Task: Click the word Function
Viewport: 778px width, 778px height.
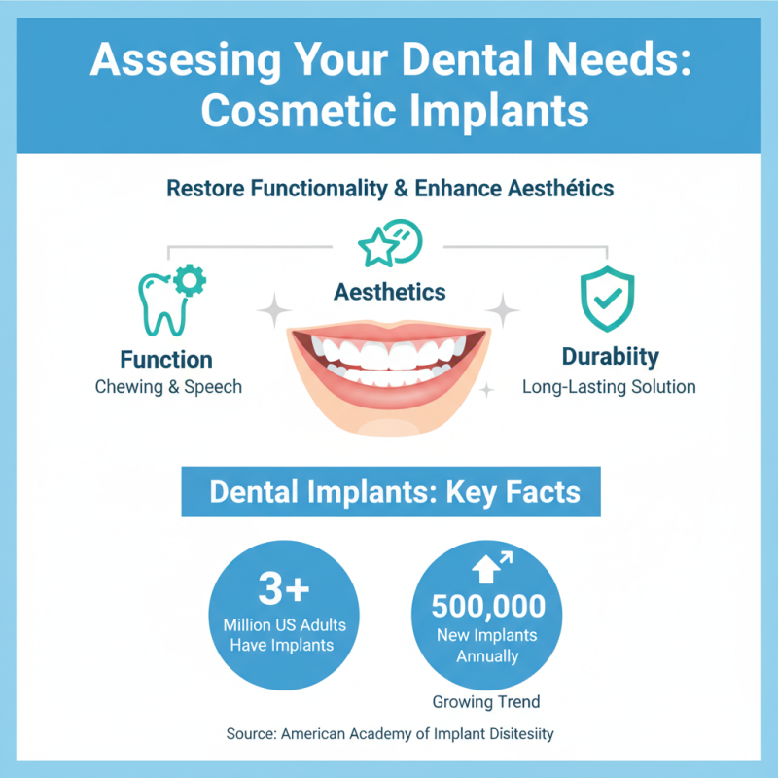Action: tap(166, 358)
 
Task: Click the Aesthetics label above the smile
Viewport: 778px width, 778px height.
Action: tap(390, 291)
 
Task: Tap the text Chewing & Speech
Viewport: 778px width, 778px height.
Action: tap(168, 387)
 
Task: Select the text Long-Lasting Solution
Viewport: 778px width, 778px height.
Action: tap(609, 387)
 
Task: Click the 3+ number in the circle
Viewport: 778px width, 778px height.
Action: tap(283, 589)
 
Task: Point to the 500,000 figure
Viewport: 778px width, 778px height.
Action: tap(488, 607)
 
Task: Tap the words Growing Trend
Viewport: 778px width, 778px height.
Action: tap(486, 701)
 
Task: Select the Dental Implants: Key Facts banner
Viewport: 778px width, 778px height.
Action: tap(390, 491)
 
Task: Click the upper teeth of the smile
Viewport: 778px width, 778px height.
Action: tap(389, 351)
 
